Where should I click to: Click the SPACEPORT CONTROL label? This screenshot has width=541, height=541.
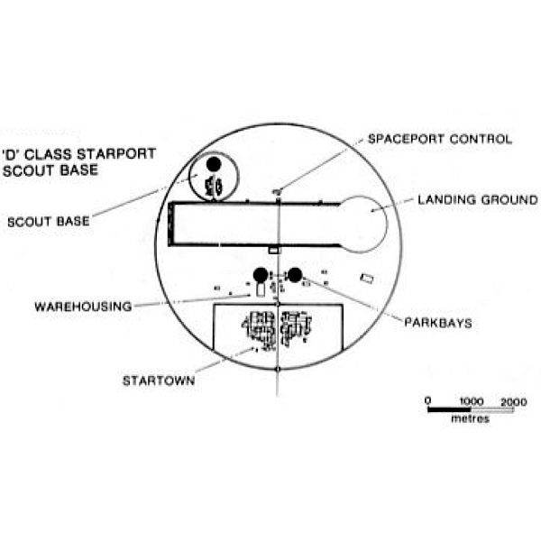pyautogui.click(x=440, y=139)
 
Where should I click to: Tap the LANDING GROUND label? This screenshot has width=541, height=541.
pyautogui.click(x=478, y=200)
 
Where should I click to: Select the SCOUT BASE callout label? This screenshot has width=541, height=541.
pyautogui.click(x=49, y=222)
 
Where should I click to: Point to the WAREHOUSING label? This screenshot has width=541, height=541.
pyautogui.click(x=83, y=307)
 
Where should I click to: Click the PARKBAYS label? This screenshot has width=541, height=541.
pyautogui.click(x=438, y=323)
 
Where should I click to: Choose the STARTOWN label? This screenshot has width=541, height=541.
pyautogui.click(x=159, y=381)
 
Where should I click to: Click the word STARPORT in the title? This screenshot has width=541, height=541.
pyautogui.click(x=116, y=154)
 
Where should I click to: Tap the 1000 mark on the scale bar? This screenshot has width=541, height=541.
pyautogui.click(x=472, y=401)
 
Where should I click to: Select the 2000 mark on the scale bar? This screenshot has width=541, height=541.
pyautogui.click(x=514, y=402)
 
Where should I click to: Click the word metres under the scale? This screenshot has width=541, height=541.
pyautogui.click(x=471, y=419)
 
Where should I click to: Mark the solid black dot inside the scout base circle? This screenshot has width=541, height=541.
pyautogui.click(x=214, y=164)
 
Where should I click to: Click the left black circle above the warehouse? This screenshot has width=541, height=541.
pyautogui.click(x=261, y=275)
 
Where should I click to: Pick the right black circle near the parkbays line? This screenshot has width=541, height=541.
pyautogui.click(x=295, y=275)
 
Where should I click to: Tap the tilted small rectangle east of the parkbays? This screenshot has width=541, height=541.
pyautogui.click(x=367, y=279)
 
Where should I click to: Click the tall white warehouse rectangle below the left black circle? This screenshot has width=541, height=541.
pyautogui.click(x=261, y=289)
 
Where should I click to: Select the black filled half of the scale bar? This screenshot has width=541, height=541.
pyautogui.click(x=449, y=410)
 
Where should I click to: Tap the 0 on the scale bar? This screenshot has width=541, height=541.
pyautogui.click(x=427, y=401)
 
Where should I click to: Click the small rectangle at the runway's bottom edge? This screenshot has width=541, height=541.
pyautogui.click(x=273, y=250)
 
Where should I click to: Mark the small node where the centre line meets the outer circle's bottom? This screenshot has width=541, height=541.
pyautogui.click(x=278, y=369)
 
